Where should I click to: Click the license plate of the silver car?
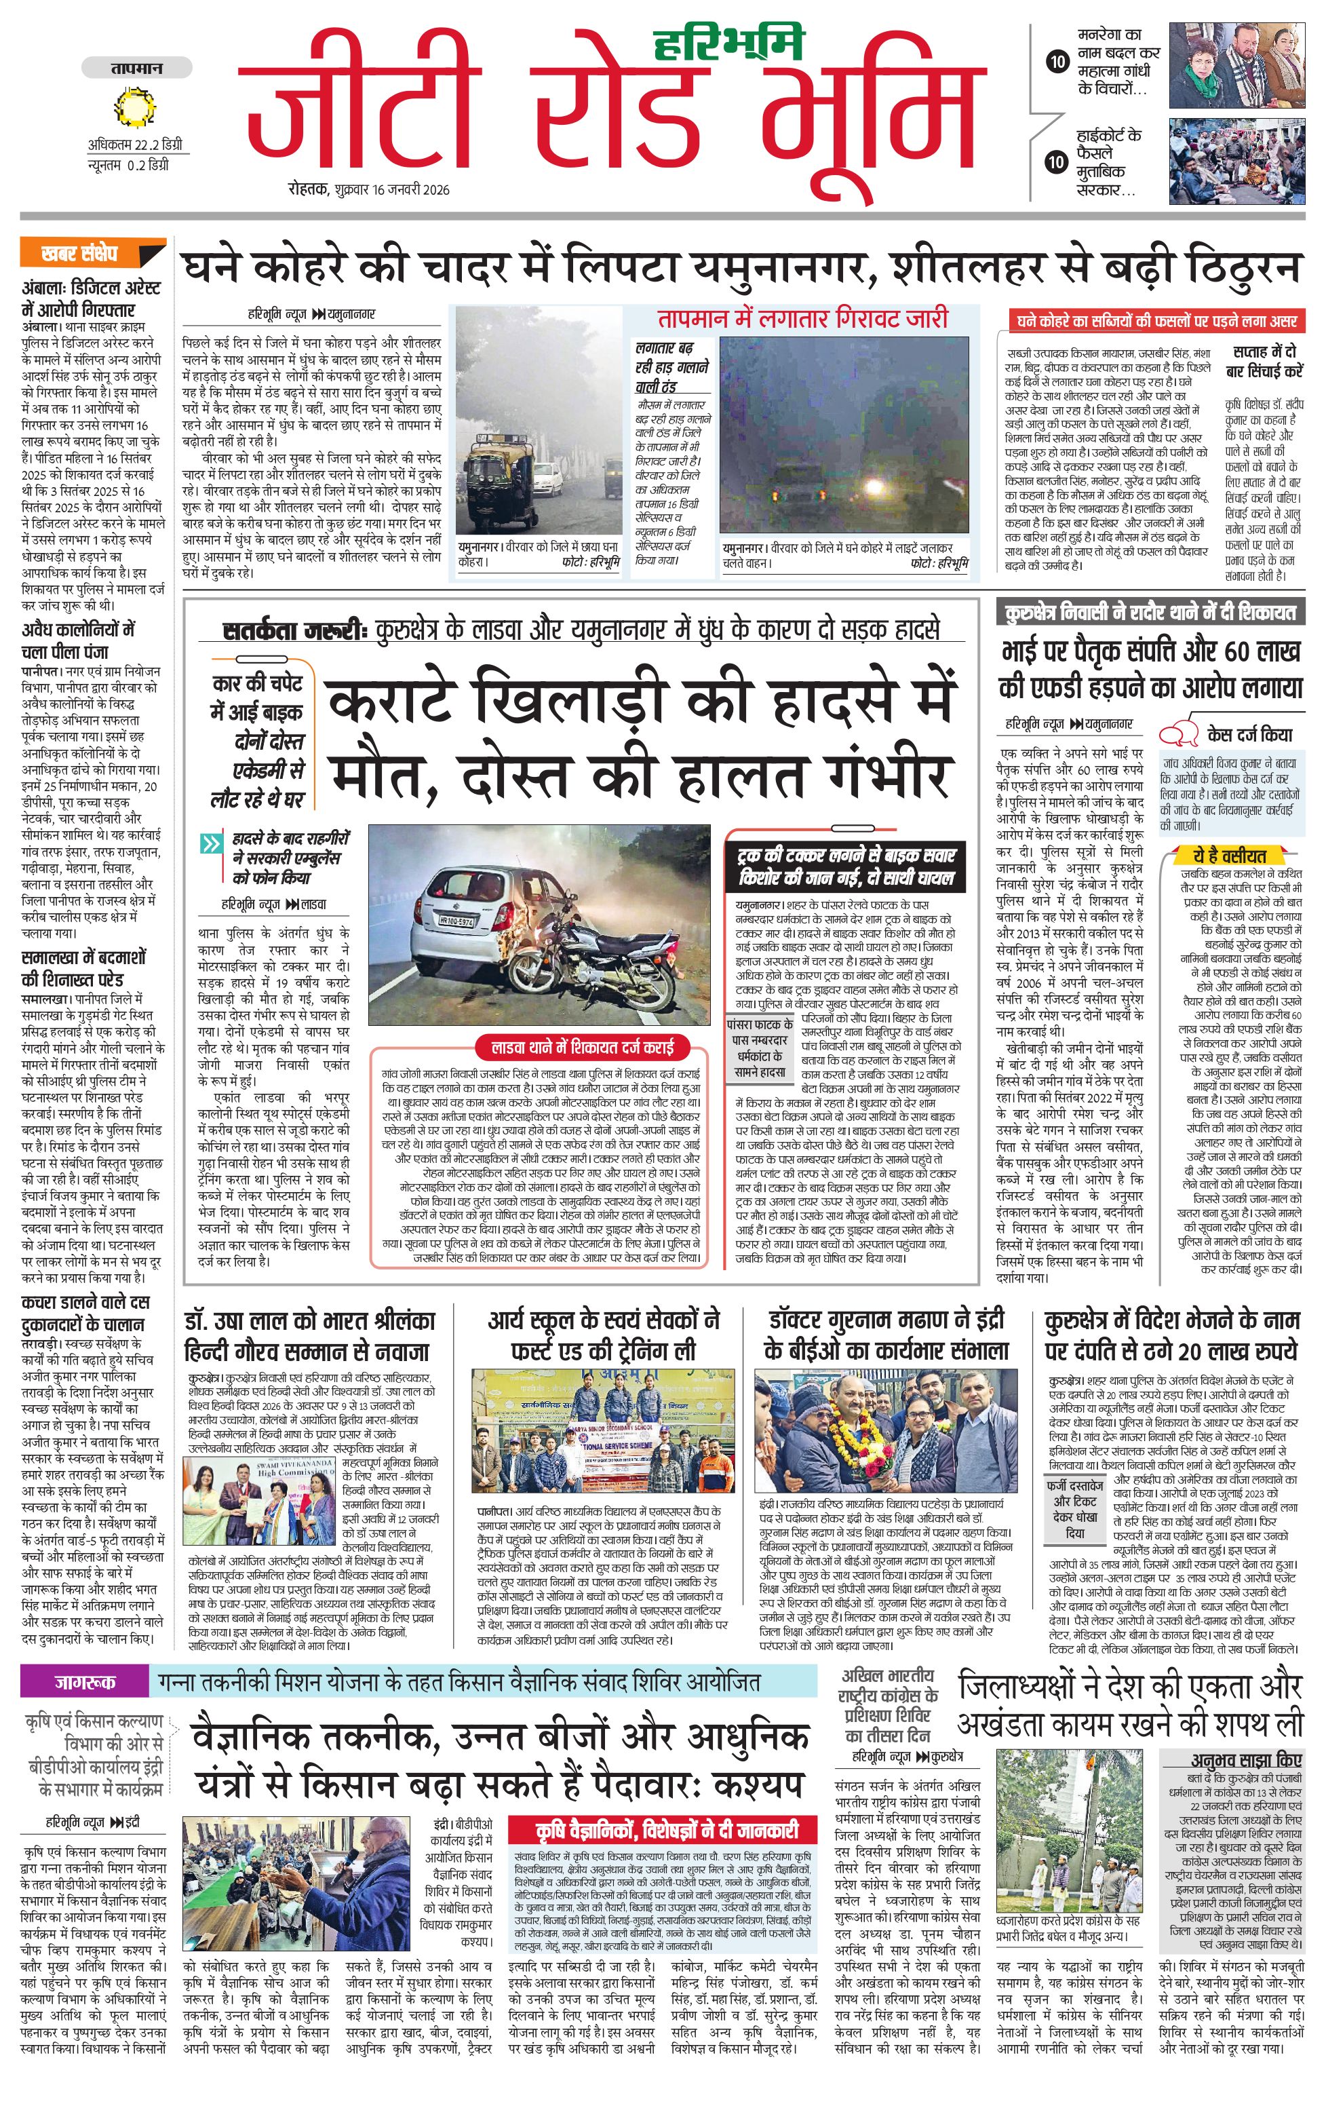tap(457, 921)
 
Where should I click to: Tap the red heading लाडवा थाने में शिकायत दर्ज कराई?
tap(583, 1047)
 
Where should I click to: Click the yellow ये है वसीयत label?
tap(1230, 856)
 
